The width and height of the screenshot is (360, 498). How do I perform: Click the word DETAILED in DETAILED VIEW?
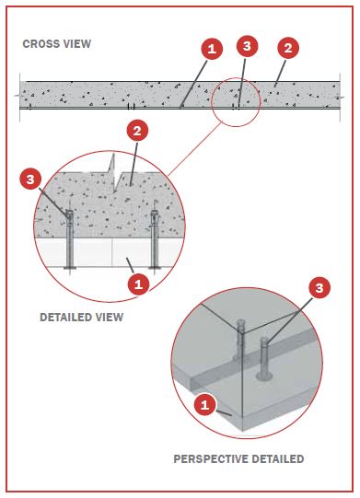click(65, 317)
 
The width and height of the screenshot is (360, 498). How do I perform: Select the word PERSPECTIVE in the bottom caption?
click(210, 459)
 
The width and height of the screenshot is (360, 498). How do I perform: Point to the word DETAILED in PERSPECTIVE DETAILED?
click(278, 459)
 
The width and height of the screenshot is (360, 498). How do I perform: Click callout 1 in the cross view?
click(212, 49)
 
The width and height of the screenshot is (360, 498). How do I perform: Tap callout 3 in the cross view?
click(247, 46)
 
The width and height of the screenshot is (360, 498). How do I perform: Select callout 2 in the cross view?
click(288, 48)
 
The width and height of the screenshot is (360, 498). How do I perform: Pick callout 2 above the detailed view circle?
click(137, 131)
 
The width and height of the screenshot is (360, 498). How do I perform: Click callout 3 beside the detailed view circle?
click(30, 180)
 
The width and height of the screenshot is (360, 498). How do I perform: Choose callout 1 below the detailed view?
click(138, 284)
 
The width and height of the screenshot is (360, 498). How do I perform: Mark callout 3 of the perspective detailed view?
click(319, 288)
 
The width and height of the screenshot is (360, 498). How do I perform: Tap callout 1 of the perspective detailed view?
click(204, 405)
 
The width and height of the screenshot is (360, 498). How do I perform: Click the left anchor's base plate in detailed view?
click(70, 269)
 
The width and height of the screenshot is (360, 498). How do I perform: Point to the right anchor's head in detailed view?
click(155, 216)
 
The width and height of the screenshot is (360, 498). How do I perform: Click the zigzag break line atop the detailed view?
click(114, 174)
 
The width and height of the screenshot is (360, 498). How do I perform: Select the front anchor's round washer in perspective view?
click(264, 377)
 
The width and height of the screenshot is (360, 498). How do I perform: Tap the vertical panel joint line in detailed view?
click(111, 252)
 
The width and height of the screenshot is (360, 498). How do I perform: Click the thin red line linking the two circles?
click(194, 149)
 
